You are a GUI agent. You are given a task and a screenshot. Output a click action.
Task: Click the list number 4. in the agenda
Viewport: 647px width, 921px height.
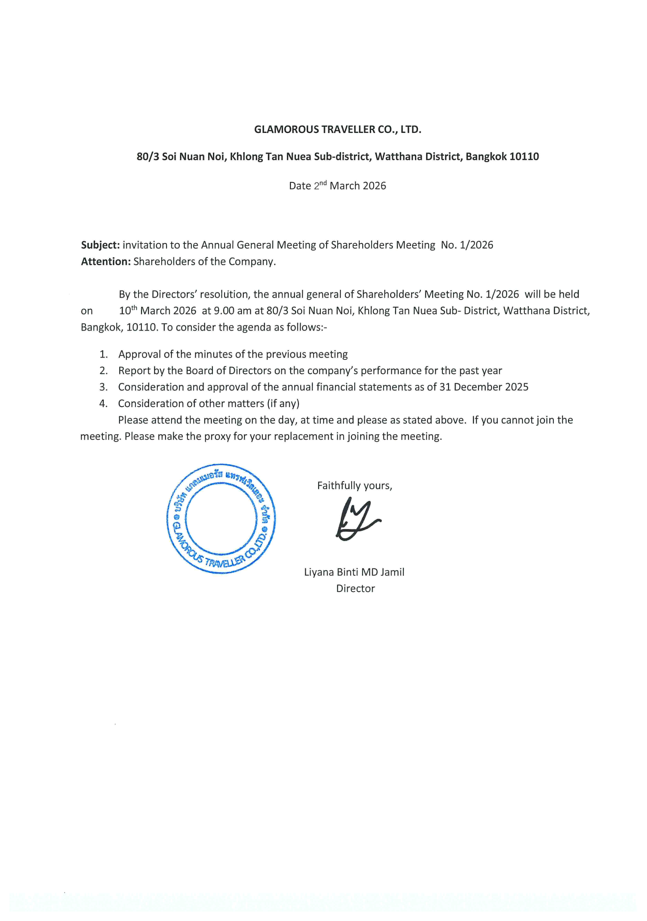point(103,404)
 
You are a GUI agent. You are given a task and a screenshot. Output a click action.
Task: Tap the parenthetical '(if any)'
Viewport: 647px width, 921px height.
point(283,404)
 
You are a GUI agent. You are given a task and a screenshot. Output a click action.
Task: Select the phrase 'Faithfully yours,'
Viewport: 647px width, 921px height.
point(354,486)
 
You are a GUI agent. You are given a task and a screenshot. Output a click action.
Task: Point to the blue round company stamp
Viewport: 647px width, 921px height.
point(221,519)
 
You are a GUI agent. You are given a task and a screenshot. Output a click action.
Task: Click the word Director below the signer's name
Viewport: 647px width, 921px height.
point(355,589)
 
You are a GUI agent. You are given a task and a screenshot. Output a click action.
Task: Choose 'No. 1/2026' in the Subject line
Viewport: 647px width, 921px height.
point(467,245)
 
